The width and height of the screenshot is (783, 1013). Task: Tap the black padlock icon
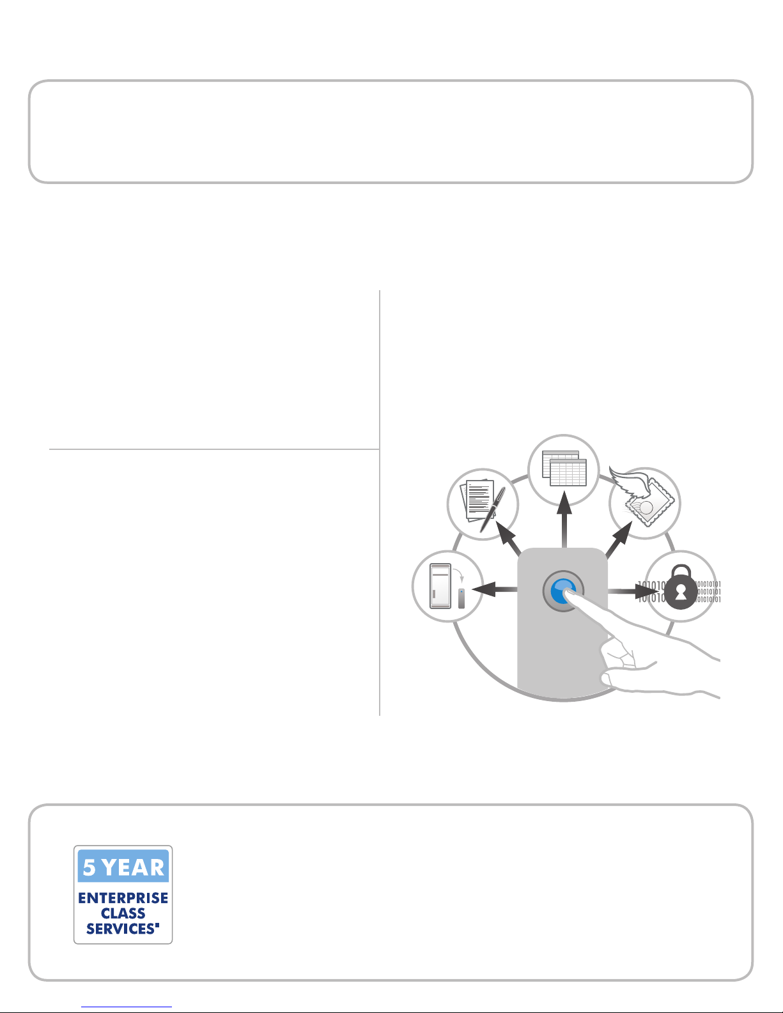click(681, 587)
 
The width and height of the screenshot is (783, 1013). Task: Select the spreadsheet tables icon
click(564, 468)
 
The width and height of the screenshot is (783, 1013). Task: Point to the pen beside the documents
click(493, 509)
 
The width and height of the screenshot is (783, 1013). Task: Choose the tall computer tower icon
click(440, 587)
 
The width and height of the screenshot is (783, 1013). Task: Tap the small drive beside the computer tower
click(461, 599)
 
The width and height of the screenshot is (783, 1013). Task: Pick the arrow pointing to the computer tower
click(495, 589)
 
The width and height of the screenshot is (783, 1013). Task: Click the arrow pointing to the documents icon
click(508, 538)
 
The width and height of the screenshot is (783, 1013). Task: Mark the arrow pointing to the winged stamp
click(619, 539)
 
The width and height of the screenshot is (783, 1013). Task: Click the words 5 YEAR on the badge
click(123, 867)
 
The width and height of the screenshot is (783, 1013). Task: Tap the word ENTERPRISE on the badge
click(123, 898)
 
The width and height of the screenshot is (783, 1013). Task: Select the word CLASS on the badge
click(123, 913)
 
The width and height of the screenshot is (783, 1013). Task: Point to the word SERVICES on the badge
click(121, 929)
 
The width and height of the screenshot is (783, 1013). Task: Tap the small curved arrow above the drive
click(458, 575)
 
